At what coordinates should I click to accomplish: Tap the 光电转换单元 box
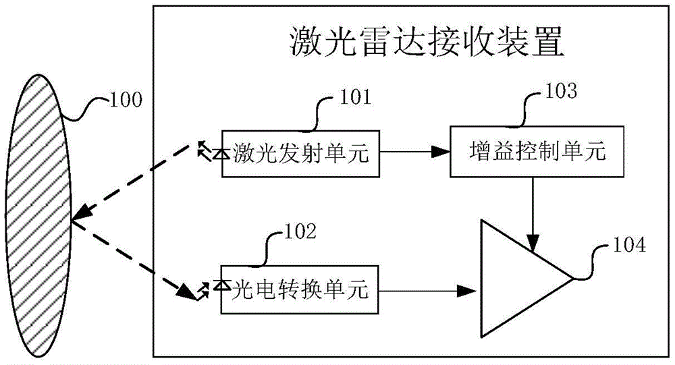click(299, 291)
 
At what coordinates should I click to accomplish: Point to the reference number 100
click(126, 101)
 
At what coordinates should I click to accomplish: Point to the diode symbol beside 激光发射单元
click(217, 155)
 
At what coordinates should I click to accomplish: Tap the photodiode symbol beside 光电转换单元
click(217, 287)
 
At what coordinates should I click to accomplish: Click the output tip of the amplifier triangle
click(571, 278)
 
